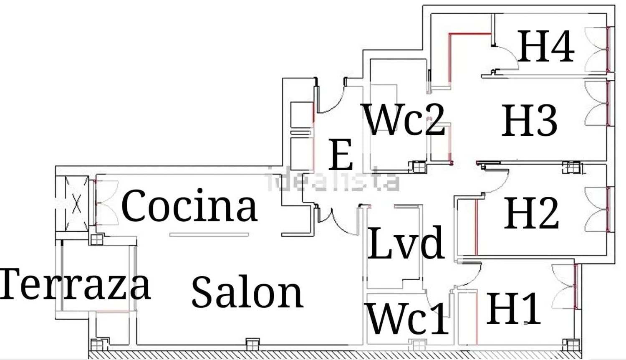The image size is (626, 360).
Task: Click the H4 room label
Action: pos(546,46)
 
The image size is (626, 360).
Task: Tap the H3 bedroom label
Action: pos(529,121)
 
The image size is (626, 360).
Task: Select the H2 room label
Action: pos(531,213)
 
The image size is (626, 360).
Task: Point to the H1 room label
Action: pos(513,309)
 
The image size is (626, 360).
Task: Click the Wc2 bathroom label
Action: pos(404,119)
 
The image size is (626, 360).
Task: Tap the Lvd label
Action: pos(405,243)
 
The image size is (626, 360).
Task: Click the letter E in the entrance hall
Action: pos(341,155)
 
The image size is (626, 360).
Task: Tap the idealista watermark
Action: pos(333,180)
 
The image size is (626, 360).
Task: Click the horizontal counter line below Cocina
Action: pos(209,235)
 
